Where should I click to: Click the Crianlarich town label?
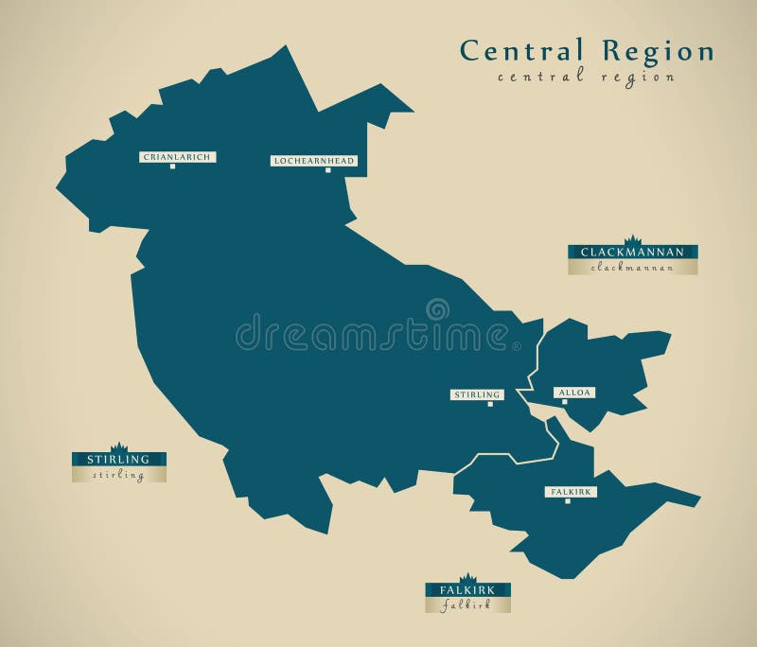point(178,157)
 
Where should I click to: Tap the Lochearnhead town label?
point(313,161)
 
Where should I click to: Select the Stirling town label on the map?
point(477,394)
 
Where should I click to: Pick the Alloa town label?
point(574,392)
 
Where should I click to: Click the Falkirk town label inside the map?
point(571,492)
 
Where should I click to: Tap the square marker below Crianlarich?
point(172,166)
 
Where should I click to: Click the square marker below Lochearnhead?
point(327,170)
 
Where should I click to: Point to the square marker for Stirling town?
point(490,404)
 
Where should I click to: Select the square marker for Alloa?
point(565,402)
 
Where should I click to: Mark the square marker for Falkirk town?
point(568,501)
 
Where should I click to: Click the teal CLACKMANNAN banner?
point(633,253)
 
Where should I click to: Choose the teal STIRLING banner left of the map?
point(119,460)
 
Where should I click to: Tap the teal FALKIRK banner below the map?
point(467,590)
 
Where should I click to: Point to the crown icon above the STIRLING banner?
point(119,447)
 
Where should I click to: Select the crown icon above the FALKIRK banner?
point(467,577)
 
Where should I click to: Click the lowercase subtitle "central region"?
point(587,78)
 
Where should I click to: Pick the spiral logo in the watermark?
point(437,309)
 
